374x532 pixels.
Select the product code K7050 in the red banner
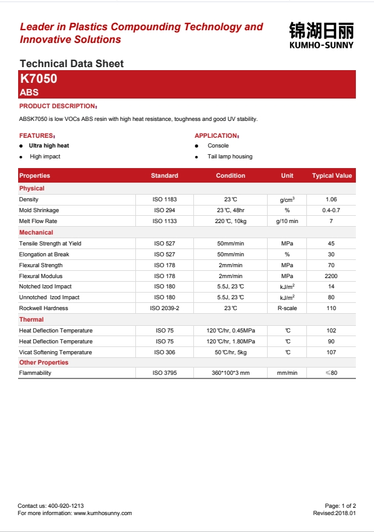(39, 79)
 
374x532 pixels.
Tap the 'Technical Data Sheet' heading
(71, 63)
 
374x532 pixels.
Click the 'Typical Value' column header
(331, 176)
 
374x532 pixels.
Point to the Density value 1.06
(331, 199)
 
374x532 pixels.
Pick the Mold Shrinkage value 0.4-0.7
(331, 210)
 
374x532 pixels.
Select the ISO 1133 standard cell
(164, 221)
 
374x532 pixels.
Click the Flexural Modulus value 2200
(331, 276)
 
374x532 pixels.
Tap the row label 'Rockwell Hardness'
(44, 308)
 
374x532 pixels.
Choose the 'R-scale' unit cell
(287, 308)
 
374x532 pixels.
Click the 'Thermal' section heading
(31, 319)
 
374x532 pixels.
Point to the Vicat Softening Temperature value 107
(331, 352)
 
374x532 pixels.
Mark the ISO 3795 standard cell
(164, 373)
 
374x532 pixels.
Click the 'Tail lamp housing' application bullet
(230, 157)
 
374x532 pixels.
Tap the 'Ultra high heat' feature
(49, 146)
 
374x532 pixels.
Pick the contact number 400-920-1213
(65, 505)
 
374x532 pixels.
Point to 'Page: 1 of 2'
(340, 505)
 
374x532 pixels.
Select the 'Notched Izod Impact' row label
(45, 287)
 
